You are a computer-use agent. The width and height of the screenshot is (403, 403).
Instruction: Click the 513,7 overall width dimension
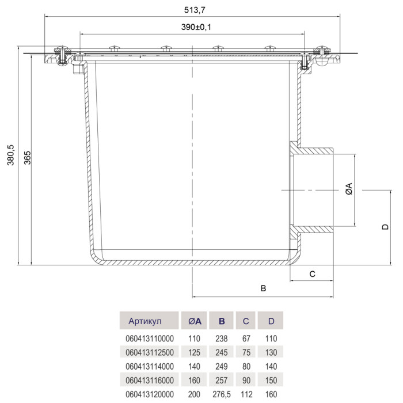coord(195,10)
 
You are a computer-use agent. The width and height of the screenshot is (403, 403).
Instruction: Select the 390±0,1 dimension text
coord(196,27)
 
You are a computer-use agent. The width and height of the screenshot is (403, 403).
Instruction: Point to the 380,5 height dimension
coord(10,155)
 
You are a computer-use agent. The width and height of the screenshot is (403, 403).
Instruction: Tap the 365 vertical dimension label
coord(27,158)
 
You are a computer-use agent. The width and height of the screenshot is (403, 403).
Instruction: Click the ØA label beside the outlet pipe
coord(349,189)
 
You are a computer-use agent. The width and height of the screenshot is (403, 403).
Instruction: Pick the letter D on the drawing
coord(385,227)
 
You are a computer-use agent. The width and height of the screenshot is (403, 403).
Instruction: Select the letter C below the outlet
coord(312,274)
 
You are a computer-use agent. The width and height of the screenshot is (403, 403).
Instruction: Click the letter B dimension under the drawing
coord(263,288)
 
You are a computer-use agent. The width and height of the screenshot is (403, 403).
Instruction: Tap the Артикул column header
coord(145,321)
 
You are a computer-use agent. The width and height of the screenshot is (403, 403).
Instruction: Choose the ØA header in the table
coord(195,321)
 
